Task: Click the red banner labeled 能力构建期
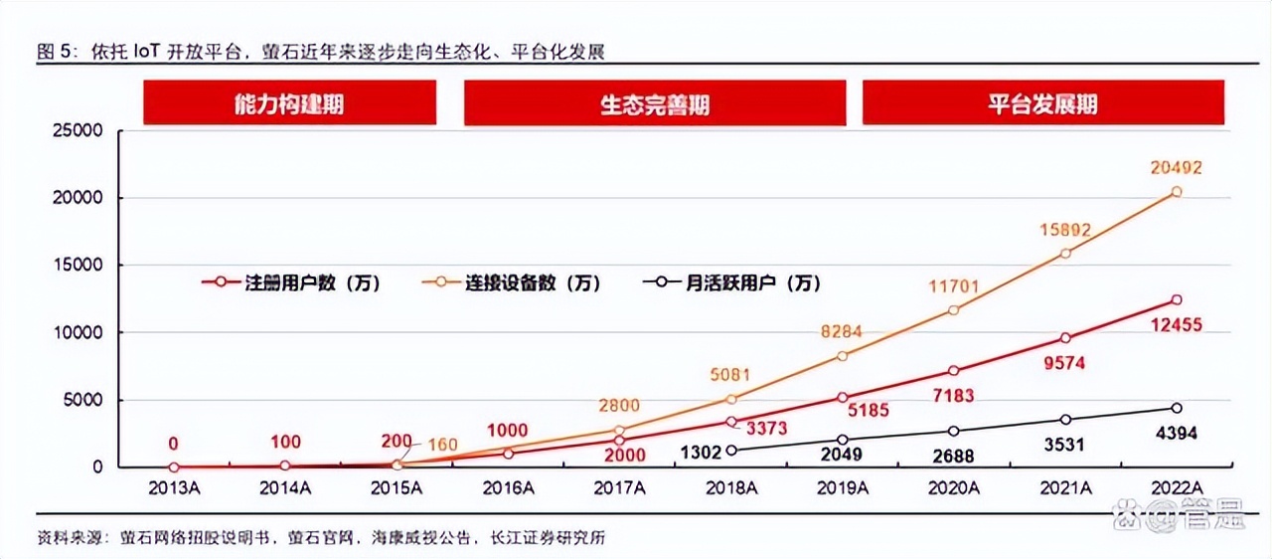point(289,103)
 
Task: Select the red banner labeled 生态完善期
point(655,103)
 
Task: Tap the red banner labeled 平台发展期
point(1042,103)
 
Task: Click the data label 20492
point(1176,167)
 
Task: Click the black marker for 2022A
point(1177,408)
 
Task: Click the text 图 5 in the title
point(56,52)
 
